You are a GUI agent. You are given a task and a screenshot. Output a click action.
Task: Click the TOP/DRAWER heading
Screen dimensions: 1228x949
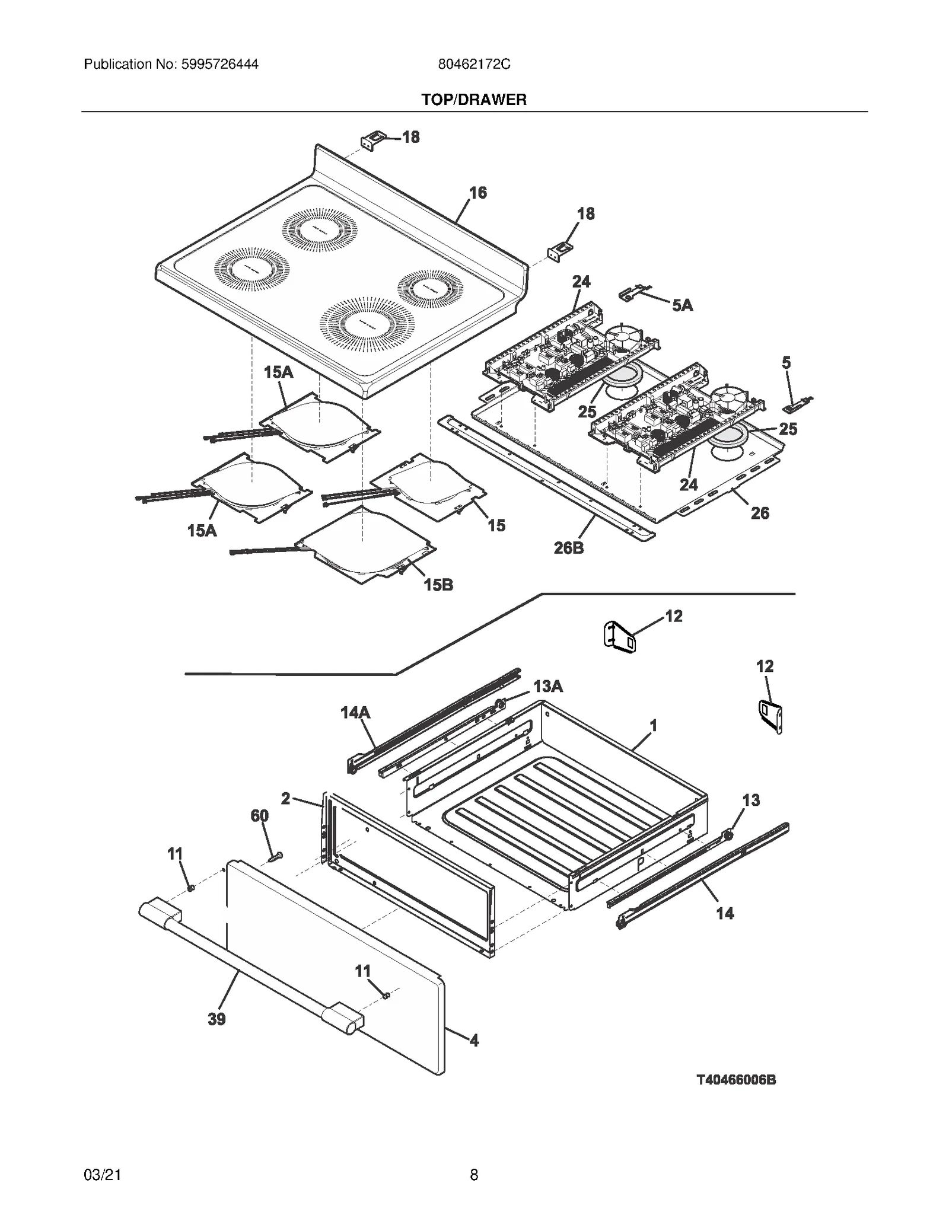(473, 100)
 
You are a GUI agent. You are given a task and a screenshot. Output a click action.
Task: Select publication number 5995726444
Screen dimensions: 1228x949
(171, 64)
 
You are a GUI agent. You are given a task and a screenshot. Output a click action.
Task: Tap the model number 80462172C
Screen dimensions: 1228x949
(474, 64)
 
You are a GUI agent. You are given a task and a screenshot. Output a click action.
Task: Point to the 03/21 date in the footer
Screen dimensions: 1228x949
(103, 1175)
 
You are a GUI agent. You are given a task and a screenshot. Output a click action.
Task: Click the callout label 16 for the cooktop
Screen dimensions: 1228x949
(477, 193)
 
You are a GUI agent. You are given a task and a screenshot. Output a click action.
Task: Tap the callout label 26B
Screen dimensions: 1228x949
(568, 548)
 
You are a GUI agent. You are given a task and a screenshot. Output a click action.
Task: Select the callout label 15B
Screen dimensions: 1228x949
(438, 585)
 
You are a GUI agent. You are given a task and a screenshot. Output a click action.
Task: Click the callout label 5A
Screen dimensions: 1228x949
(682, 305)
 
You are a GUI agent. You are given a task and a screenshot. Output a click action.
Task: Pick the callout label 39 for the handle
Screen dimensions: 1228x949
(216, 1019)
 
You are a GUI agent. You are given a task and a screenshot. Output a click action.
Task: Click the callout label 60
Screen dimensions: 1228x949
(259, 816)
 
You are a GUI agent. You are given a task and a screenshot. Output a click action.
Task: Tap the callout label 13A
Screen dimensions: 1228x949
(547, 687)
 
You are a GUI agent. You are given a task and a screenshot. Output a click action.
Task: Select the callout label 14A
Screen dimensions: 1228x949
(355, 712)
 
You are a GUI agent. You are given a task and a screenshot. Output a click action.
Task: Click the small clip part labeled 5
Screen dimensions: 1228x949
(797, 405)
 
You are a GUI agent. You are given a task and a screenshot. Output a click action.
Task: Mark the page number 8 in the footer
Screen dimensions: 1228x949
(474, 1175)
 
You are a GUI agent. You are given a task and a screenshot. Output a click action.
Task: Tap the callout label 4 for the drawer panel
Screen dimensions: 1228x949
(474, 1040)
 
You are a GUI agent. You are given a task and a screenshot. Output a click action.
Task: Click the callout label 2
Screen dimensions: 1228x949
(285, 799)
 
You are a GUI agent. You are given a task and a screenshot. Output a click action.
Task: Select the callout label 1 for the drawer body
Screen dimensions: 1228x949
(653, 726)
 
